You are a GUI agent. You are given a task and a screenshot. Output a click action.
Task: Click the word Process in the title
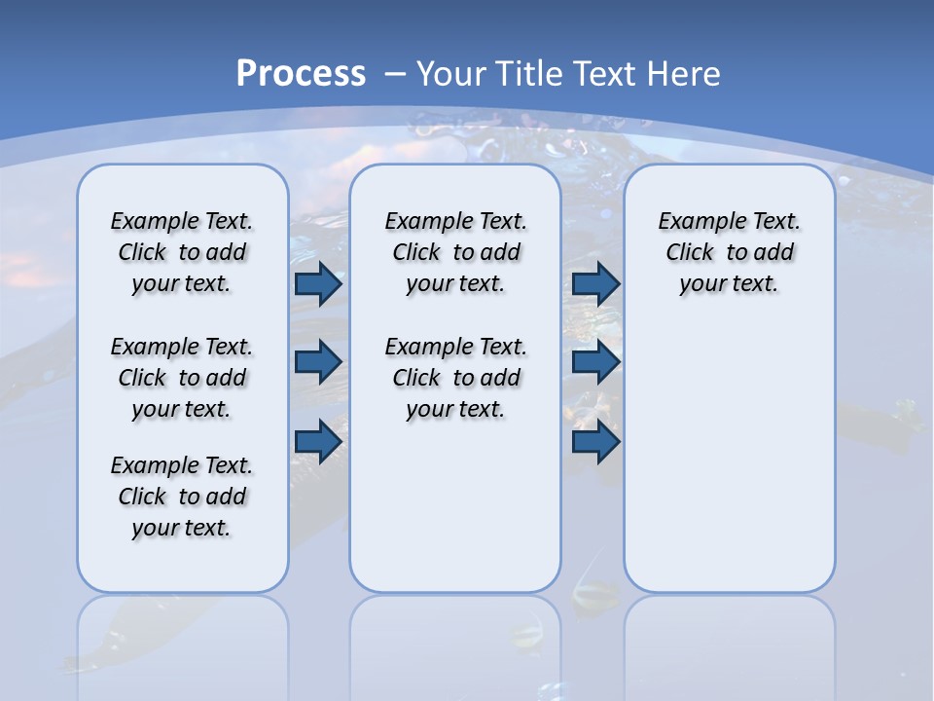(x=301, y=74)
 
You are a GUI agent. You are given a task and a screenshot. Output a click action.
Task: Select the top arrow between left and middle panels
(x=318, y=284)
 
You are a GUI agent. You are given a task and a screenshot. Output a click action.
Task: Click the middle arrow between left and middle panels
(x=318, y=362)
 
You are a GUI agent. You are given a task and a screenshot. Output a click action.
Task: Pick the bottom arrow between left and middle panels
(x=318, y=442)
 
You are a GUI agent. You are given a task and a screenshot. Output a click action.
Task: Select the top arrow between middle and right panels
(x=595, y=284)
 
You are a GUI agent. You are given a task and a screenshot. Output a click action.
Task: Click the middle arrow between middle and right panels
(x=595, y=362)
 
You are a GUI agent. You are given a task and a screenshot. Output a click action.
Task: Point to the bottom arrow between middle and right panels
(x=595, y=442)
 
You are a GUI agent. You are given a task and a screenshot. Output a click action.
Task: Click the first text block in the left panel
(x=182, y=252)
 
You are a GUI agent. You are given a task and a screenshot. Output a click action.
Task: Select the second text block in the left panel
(x=182, y=378)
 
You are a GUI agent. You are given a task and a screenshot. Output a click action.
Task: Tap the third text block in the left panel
(x=182, y=497)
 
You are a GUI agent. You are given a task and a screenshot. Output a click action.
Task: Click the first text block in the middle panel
(x=455, y=252)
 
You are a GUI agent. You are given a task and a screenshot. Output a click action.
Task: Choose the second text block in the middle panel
(x=455, y=378)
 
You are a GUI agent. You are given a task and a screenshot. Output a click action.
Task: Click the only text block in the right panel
(x=729, y=252)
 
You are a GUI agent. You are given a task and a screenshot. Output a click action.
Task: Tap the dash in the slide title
(x=395, y=74)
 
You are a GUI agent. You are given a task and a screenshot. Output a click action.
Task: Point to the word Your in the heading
(x=453, y=74)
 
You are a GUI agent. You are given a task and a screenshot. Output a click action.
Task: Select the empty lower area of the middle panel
(x=455, y=506)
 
